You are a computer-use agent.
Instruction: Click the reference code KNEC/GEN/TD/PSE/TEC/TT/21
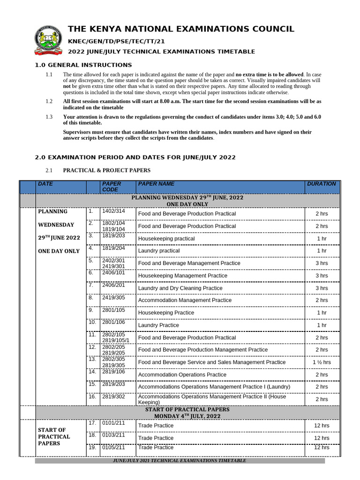pyautogui.click(x=117, y=41)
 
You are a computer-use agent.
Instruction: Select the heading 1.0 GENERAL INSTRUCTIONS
pyautogui.click(x=84, y=65)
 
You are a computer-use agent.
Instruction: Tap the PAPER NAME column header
pyautogui.click(x=156, y=184)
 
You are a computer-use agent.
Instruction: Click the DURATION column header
pyautogui.click(x=321, y=184)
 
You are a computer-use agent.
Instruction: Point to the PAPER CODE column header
pyautogui.click(x=112, y=187)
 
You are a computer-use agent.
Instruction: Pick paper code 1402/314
pyautogui.click(x=113, y=212)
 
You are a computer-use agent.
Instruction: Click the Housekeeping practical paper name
pyautogui.click(x=166, y=239)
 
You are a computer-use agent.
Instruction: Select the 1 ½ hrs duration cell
pyautogui.click(x=321, y=362)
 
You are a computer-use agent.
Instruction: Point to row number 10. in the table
pyautogui.click(x=92, y=322)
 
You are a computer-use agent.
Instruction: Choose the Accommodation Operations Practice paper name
pyautogui.click(x=182, y=375)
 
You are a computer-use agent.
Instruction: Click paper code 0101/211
pyautogui.click(x=113, y=423)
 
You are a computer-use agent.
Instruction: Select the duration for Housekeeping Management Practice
pyautogui.click(x=321, y=276)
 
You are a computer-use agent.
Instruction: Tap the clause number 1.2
pyautogui.click(x=49, y=101)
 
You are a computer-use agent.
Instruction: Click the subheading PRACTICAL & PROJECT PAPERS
pyautogui.click(x=106, y=170)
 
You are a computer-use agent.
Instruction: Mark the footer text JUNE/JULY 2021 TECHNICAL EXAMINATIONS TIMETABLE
pyautogui.click(x=180, y=461)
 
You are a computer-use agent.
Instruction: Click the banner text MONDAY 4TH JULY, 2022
pyautogui.click(x=187, y=416)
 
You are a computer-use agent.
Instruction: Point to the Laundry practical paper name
pyautogui.click(x=158, y=251)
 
